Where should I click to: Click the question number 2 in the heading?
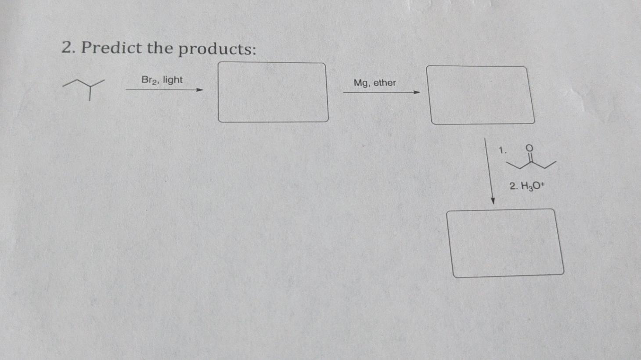coord(67,47)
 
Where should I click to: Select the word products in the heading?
coord(216,49)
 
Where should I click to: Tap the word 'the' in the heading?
coord(160,47)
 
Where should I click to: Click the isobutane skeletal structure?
coord(85,88)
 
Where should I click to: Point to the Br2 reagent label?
coord(149,80)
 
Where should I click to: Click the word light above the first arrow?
coord(173,80)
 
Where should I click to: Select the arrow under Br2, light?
coord(164,90)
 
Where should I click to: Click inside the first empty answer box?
coord(273,92)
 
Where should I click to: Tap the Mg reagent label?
coord(361,83)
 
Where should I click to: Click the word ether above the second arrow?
coord(385,83)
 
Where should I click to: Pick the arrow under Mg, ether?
coord(381,92)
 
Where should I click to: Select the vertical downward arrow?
coord(489,171)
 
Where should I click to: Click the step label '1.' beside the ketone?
coord(502,150)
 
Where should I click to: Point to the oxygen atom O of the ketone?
coord(529,148)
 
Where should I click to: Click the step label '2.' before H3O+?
coord(513,186)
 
